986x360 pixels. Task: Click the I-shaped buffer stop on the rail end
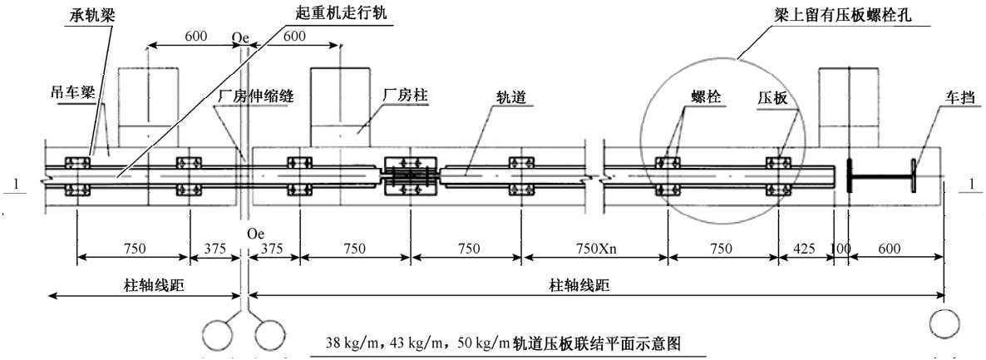point(880,175)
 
